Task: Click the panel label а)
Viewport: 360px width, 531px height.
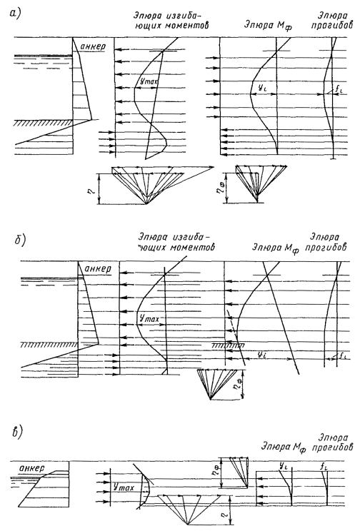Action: (x=16, y=14)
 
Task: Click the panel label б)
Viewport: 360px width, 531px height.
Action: (x=21, y=240)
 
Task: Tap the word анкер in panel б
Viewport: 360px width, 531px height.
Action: (x=98, y=270)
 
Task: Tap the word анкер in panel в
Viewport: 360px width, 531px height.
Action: (x=32, y=469)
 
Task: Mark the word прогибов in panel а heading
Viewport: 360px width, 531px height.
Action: (x=332, y=26)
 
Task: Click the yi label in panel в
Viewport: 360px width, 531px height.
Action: (x=283, y=466)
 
